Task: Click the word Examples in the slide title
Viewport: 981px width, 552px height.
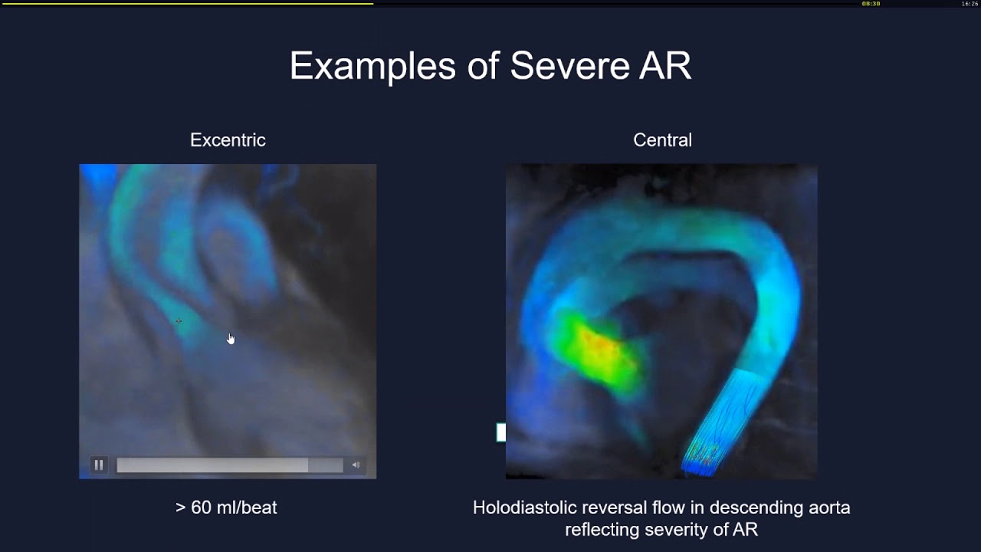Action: click(372, 66)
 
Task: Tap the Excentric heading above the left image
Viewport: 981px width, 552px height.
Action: click(228, 140)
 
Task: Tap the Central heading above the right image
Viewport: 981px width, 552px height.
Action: click(662, 140)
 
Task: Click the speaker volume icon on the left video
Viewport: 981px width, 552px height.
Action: click(356, 465)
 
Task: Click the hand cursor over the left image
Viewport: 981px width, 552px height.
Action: click(231, 338)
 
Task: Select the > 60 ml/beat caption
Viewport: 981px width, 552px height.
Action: click(226, 508)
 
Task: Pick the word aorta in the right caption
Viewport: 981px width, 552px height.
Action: click(827, 508)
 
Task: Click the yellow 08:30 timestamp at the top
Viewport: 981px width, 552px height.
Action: click(871, 4)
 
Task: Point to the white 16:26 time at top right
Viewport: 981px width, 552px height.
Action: click(970, 4)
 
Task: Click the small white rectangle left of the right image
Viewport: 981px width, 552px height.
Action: click(501, 432)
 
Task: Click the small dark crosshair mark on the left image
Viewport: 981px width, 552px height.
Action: click(179, 321)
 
